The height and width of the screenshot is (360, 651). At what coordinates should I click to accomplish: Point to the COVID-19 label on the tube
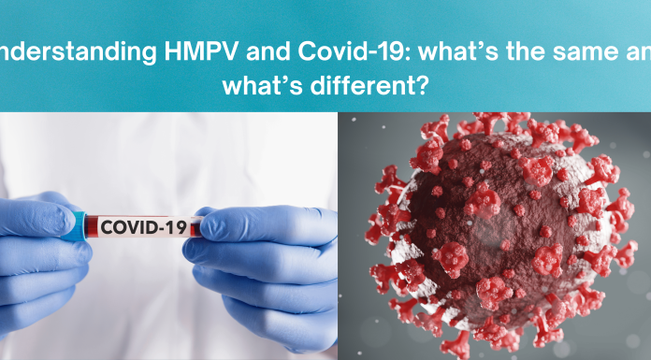(141, 227)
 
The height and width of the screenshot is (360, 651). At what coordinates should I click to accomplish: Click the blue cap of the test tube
(81, 225)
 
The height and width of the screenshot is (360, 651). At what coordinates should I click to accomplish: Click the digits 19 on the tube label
(175, 227)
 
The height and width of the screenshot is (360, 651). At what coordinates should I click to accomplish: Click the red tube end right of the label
(194, 225)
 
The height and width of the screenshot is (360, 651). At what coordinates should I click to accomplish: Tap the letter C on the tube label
(106, 227)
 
